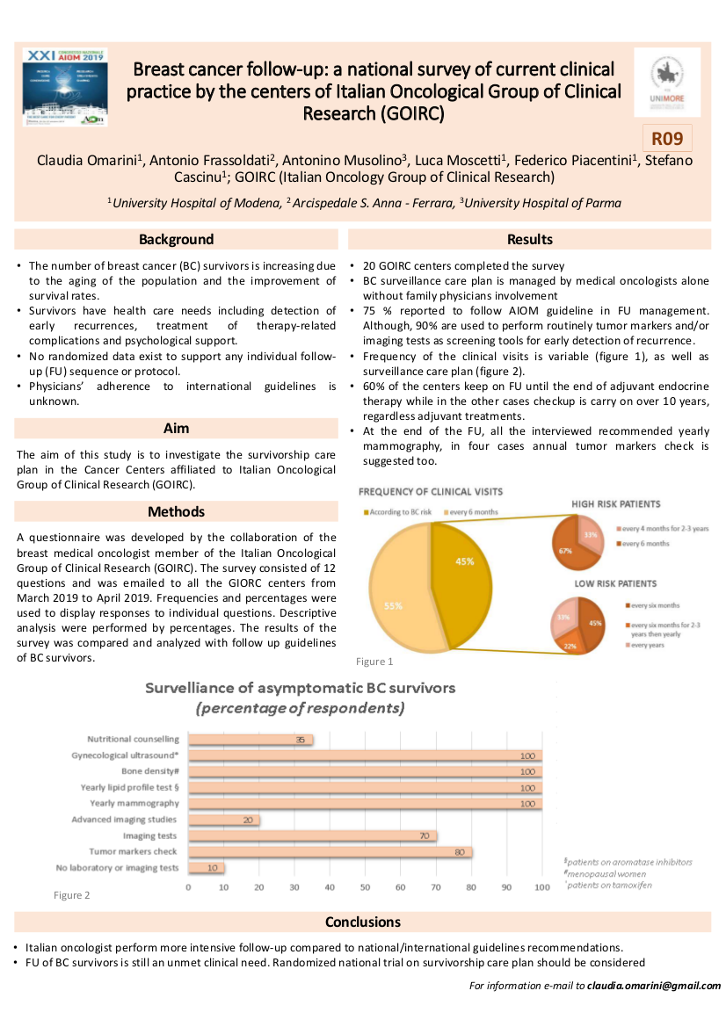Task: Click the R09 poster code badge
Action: pyautogui.click(x=668, y=139)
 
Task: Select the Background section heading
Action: pyautogui.click(x=176, y=239)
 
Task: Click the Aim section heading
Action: pyautogui.click(x=176, y=429)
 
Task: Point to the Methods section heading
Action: pyautogui.click(x=176, y=511)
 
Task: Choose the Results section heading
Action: pyautogui.click(x=530, y=239)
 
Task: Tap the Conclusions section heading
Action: pyautogui.click(x=362, y=922)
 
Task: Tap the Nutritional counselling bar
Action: pyautogui.click(x=250, y=740)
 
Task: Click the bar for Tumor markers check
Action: pyautogui.click(x=330, y=851)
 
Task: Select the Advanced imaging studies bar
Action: pyautogui.click(x=224, y=820)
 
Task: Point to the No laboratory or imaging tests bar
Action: pyautogui.click(x=207, y=868)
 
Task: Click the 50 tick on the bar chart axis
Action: pyautogui.click(x=366, y=887)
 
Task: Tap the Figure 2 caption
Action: pyautogui.click(x=72, y=895)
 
